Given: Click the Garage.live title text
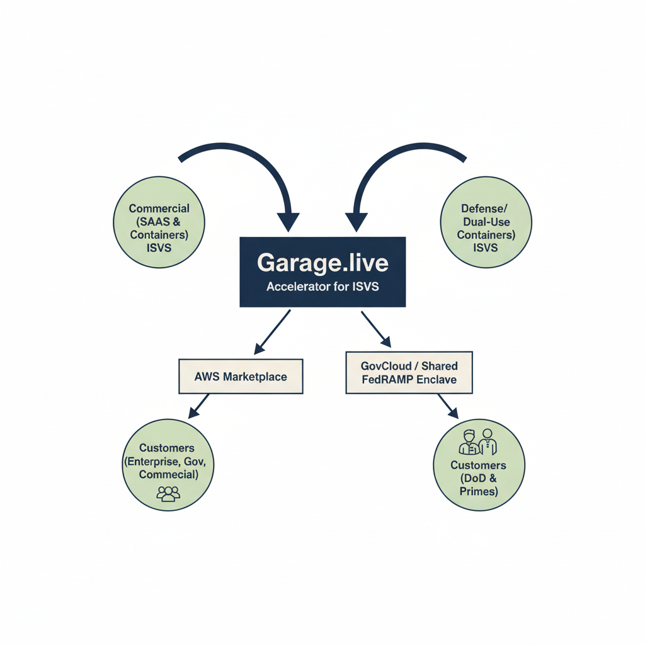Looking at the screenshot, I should click(x=322, y=263).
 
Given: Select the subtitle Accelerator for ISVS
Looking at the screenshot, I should click(x=322, y=287).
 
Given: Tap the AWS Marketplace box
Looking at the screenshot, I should click(x=241, y=377).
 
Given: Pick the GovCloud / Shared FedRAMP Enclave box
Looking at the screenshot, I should click(x=409, y=373).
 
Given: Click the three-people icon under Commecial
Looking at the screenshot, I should click(x=168, y=493).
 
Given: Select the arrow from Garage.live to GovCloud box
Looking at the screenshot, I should click(x=376, y=329).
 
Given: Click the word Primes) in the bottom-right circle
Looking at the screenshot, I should click(x=478, y=491).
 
